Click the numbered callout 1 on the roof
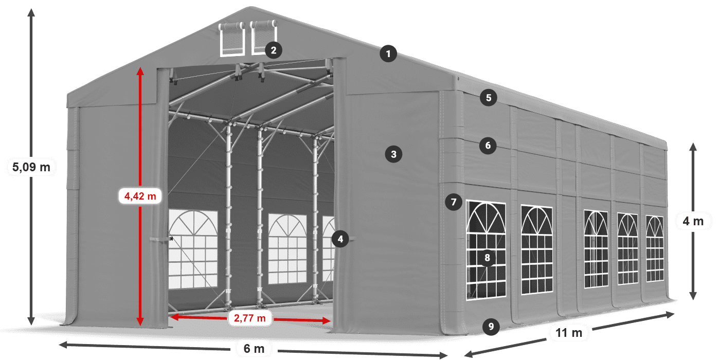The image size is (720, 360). point(389,53)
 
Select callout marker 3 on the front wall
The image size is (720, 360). point(393,154)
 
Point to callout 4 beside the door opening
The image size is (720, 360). point(340,239)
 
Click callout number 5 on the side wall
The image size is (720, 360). point(488,97)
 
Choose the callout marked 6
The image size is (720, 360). point(488,146)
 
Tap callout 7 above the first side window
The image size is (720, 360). point(453,202)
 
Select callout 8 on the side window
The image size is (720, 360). point(487,258)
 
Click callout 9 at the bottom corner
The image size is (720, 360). point(491,326)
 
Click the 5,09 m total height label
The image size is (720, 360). point(31,167)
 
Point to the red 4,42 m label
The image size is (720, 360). point(140,196)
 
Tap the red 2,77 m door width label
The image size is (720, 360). point(250,318)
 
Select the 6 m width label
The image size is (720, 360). point(254,349)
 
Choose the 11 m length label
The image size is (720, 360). point(569,333)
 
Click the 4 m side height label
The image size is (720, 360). point(693,222)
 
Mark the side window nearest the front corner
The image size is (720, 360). point(486,250)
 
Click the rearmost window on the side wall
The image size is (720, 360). point(655,248)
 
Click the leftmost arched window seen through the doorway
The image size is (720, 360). point(193,249)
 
